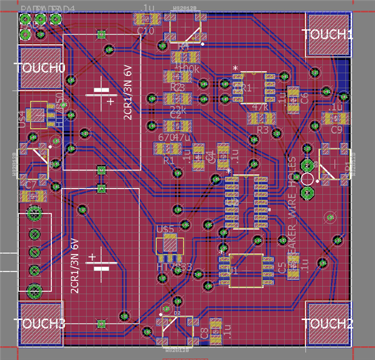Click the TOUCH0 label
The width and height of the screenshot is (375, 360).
(x=41, y=68)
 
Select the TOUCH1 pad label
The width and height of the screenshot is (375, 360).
(x=328, y=35)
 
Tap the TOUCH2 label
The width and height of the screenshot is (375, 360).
(x=327, y=324)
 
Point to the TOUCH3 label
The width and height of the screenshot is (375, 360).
(x=40, y=324)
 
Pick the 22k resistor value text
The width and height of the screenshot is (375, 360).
(x=178, y=110)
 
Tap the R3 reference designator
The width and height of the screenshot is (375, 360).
(x=262, y=130)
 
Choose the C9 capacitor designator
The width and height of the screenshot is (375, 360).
(x=337, y=129)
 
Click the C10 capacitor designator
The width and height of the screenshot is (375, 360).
(x=146, y=30)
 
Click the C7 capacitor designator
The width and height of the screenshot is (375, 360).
(x=30, y=184)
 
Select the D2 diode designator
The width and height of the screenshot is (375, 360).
(x=177, y=313)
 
